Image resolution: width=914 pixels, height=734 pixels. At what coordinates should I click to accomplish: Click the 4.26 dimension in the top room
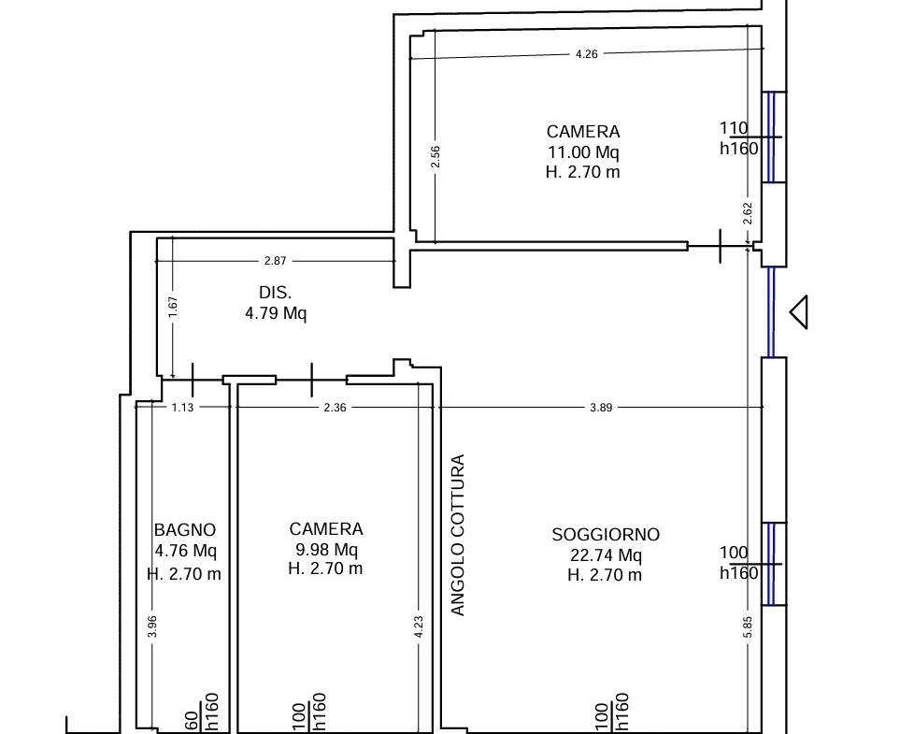click(586, 54)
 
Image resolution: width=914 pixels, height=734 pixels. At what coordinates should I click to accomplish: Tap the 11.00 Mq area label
click(583, 152)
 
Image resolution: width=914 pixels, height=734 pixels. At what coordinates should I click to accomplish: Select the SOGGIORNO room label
click(606, 535)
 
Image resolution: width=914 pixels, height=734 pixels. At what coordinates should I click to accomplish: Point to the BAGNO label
click(185, 530)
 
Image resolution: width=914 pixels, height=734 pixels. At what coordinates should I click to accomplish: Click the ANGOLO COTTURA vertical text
click(458, 535)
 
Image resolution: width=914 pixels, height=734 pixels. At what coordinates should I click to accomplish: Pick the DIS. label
click(275, 293)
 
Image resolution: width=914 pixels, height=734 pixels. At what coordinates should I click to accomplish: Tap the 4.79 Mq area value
click(276, 313)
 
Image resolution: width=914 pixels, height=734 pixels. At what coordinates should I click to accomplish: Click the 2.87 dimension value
click(275, 261)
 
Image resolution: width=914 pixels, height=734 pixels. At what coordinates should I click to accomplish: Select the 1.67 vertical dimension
click(173, 308)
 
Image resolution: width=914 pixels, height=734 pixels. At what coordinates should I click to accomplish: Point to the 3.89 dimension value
click(601, 408)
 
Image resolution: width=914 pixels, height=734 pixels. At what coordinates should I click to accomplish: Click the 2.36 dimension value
click(336, 408)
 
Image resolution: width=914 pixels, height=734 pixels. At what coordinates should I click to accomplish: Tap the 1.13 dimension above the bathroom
click(182, 408)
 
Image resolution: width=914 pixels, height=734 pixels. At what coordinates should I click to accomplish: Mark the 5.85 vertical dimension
click(749, 626)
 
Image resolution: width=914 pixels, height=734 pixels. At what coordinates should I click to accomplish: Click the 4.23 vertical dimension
click(419, 626)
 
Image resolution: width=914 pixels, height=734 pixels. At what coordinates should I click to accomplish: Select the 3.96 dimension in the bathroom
click(152, 626)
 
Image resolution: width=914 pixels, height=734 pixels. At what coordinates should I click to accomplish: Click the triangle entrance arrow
click(799, 312)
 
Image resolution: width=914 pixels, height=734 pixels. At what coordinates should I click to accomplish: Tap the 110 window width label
click(734, 128)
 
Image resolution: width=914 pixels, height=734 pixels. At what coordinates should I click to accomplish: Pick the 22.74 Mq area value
click(606, 555)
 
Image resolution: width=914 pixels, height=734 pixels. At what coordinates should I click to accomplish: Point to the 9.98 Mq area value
click(326, 549)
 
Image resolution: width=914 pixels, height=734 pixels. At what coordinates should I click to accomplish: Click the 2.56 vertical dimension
click(436, 157)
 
